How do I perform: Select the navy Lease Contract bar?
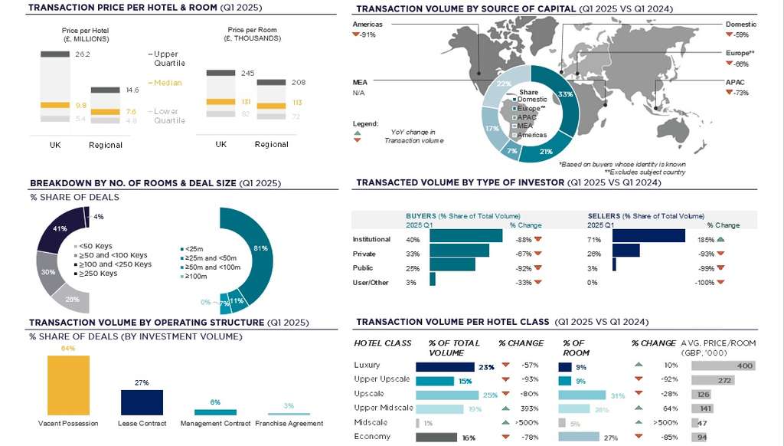142,402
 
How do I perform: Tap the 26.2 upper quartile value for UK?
83,54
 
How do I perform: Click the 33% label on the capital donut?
566,94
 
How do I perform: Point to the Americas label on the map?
367,25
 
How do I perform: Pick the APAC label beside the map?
735,81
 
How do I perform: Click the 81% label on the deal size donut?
260,248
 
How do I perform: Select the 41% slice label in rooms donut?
60,228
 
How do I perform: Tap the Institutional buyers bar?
465,239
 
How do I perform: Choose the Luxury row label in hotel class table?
367,366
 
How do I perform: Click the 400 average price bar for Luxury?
723,366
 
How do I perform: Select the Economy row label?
372,437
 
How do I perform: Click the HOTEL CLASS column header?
383,343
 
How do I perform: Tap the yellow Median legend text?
168,83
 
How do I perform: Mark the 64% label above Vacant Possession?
67,349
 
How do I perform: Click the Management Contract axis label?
215,423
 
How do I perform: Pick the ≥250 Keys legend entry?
98,274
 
